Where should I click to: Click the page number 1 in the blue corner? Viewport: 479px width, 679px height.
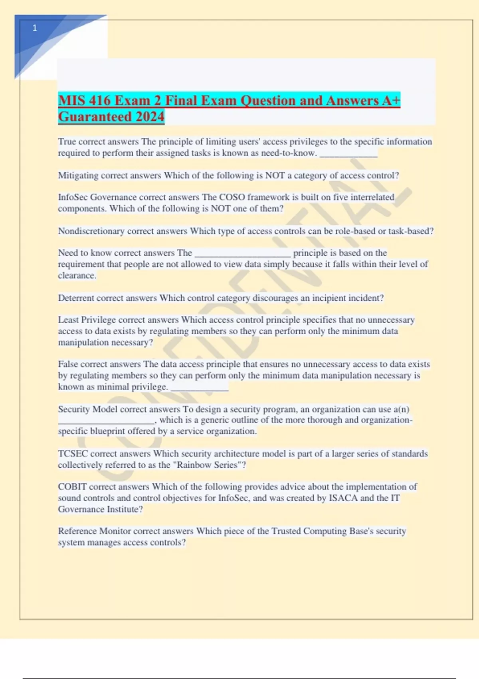(x=35, y=28)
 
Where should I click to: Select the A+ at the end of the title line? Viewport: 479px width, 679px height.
(x=391, y=100)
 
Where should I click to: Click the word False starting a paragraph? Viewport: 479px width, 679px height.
(x=68, y=364)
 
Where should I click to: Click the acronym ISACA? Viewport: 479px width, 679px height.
(x=343, y=498)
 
